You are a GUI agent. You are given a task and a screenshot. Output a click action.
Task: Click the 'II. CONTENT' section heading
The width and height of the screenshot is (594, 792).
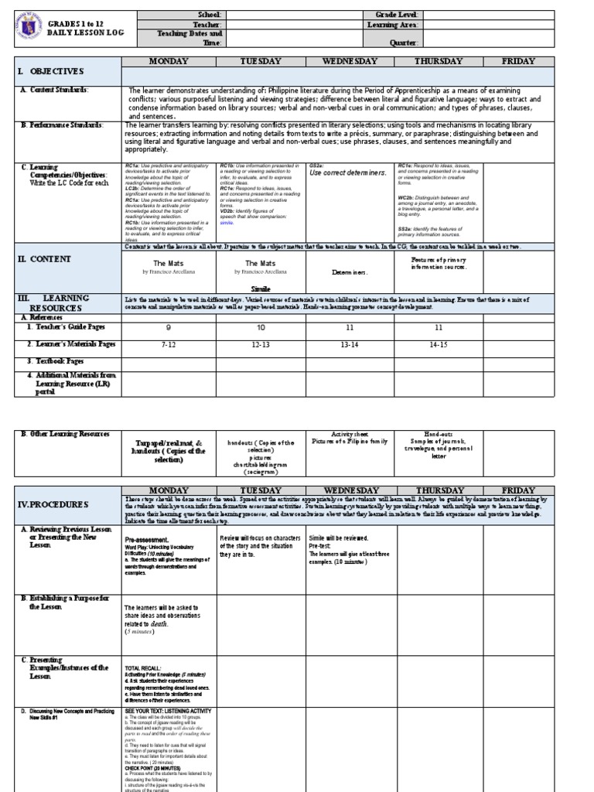point(45,259)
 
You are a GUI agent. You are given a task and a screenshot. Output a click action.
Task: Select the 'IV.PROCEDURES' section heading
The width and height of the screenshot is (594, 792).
point(55,504)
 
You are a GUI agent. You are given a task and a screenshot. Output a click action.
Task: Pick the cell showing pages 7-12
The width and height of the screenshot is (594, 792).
point(169,343)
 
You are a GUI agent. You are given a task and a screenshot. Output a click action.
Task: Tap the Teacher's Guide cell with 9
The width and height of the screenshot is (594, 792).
point(169,327)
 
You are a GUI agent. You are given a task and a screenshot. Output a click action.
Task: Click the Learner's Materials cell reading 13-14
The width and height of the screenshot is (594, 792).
point(350,343)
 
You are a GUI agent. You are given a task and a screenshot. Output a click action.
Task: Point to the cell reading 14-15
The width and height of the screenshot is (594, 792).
point(439,343)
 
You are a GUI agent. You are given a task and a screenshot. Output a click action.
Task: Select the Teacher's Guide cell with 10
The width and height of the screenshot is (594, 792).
point(261,327)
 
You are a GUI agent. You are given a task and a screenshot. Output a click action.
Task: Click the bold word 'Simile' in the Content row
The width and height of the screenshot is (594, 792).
point(261,286)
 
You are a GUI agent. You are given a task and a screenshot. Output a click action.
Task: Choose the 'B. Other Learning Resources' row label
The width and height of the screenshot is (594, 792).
point(66,435)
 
